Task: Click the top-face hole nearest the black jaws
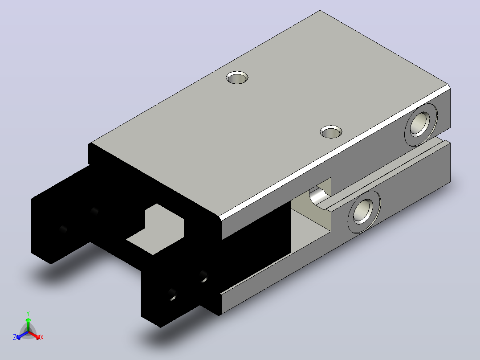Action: pos(237,78)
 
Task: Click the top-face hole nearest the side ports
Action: pos(331,132)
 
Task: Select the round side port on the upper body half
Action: pos(421,124)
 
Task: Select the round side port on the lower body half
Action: pos(364,212)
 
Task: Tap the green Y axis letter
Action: pos(28,313)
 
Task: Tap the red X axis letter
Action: pos(42,337)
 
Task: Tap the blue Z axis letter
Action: pos(15,337)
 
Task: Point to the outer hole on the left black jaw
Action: pos(63,229)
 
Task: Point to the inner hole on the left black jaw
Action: pos(94,211)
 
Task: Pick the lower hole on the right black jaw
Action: pos(172,295)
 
